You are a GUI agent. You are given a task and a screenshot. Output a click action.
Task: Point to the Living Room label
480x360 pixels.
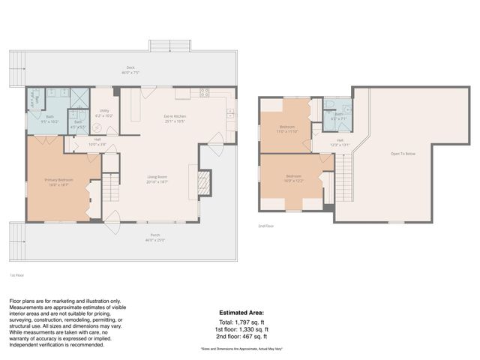pos(157,178)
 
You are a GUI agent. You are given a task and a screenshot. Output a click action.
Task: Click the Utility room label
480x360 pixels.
pos(104,113)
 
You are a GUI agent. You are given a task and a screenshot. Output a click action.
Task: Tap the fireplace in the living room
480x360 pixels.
pos(204,182)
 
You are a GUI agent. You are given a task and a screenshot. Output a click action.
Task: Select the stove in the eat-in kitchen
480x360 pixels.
pos(204,93)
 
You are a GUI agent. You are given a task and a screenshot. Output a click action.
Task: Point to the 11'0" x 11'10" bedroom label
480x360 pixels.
pos(287,128)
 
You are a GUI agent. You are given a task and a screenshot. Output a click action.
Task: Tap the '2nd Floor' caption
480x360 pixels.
pos(266,226)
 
